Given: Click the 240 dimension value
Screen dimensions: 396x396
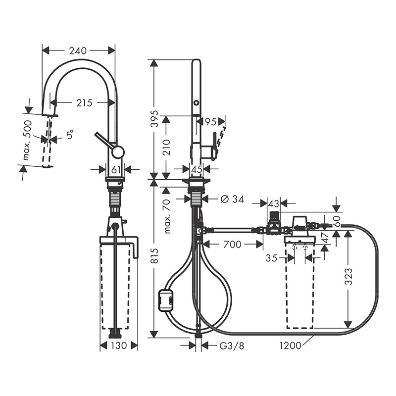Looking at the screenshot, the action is [78, 51].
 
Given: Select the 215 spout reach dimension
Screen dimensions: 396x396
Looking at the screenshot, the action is [84, 103].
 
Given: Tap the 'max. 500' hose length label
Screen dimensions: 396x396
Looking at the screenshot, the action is [28, 141].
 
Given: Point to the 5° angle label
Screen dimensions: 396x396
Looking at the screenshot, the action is [70, 135].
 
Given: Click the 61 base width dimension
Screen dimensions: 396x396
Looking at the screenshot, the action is [116, 170].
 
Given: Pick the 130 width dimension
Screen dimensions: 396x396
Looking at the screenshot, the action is [119, 346].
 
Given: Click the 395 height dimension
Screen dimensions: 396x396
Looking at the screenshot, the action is [154, 118].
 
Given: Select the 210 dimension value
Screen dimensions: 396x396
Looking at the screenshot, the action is [167, 148].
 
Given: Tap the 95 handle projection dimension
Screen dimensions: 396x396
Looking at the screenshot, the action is [210, 122].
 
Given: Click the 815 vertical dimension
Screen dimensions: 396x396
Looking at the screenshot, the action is [154, 255].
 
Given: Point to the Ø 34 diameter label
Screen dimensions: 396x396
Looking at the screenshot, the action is [232, 199].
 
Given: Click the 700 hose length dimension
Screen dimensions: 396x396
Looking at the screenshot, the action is [232, 244].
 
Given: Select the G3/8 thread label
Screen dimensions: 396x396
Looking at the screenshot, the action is [232, 346].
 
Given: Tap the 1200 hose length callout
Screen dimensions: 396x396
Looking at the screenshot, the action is [291, 345].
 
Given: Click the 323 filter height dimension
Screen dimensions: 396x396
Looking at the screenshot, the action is [348, 276].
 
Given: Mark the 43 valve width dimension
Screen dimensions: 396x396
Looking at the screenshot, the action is [274, 203].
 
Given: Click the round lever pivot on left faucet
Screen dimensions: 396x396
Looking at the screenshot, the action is [118, 152].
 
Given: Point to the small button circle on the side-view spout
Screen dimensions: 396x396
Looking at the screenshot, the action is [196, 103].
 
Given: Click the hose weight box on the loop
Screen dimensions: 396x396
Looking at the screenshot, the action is [165, 300].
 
